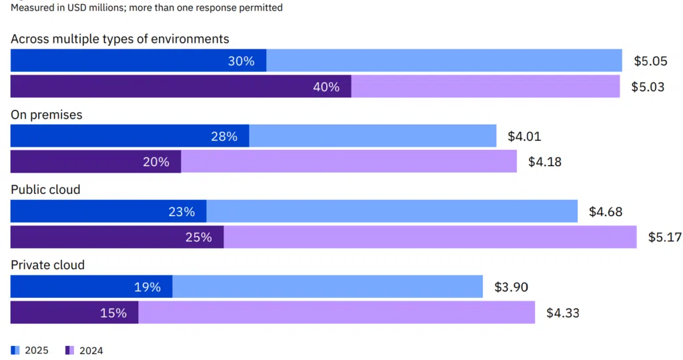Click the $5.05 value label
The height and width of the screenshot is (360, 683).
click(650, 61)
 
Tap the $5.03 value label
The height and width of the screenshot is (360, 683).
click(648, 87)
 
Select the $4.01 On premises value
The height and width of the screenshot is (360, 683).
click(524, 137)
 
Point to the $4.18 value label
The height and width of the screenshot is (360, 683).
click(544, 162)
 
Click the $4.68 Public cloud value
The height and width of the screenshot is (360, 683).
click(606, 211)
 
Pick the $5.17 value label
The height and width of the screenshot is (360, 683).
click(664, 237)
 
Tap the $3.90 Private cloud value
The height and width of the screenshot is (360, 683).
click(511, 287)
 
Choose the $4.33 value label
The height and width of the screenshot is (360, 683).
click(563, 312)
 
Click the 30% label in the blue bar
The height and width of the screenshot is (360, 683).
click(241, 61)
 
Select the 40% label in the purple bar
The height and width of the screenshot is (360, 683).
click(326, 87)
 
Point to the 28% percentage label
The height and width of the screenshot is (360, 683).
click(224, 137)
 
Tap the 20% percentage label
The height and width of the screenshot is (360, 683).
click(156, 162)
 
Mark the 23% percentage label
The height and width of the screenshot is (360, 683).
click(181, 211)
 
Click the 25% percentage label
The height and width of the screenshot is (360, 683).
click(198, 237)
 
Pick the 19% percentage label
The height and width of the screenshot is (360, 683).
click(147, 287)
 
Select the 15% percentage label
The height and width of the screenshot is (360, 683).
click(113, 312)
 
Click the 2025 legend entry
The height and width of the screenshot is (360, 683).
click(31, 350)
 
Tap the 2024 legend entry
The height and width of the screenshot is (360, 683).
click(85, 350)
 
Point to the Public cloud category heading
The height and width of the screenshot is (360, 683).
click(45, 189)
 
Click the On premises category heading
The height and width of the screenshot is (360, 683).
click(47, 115)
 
